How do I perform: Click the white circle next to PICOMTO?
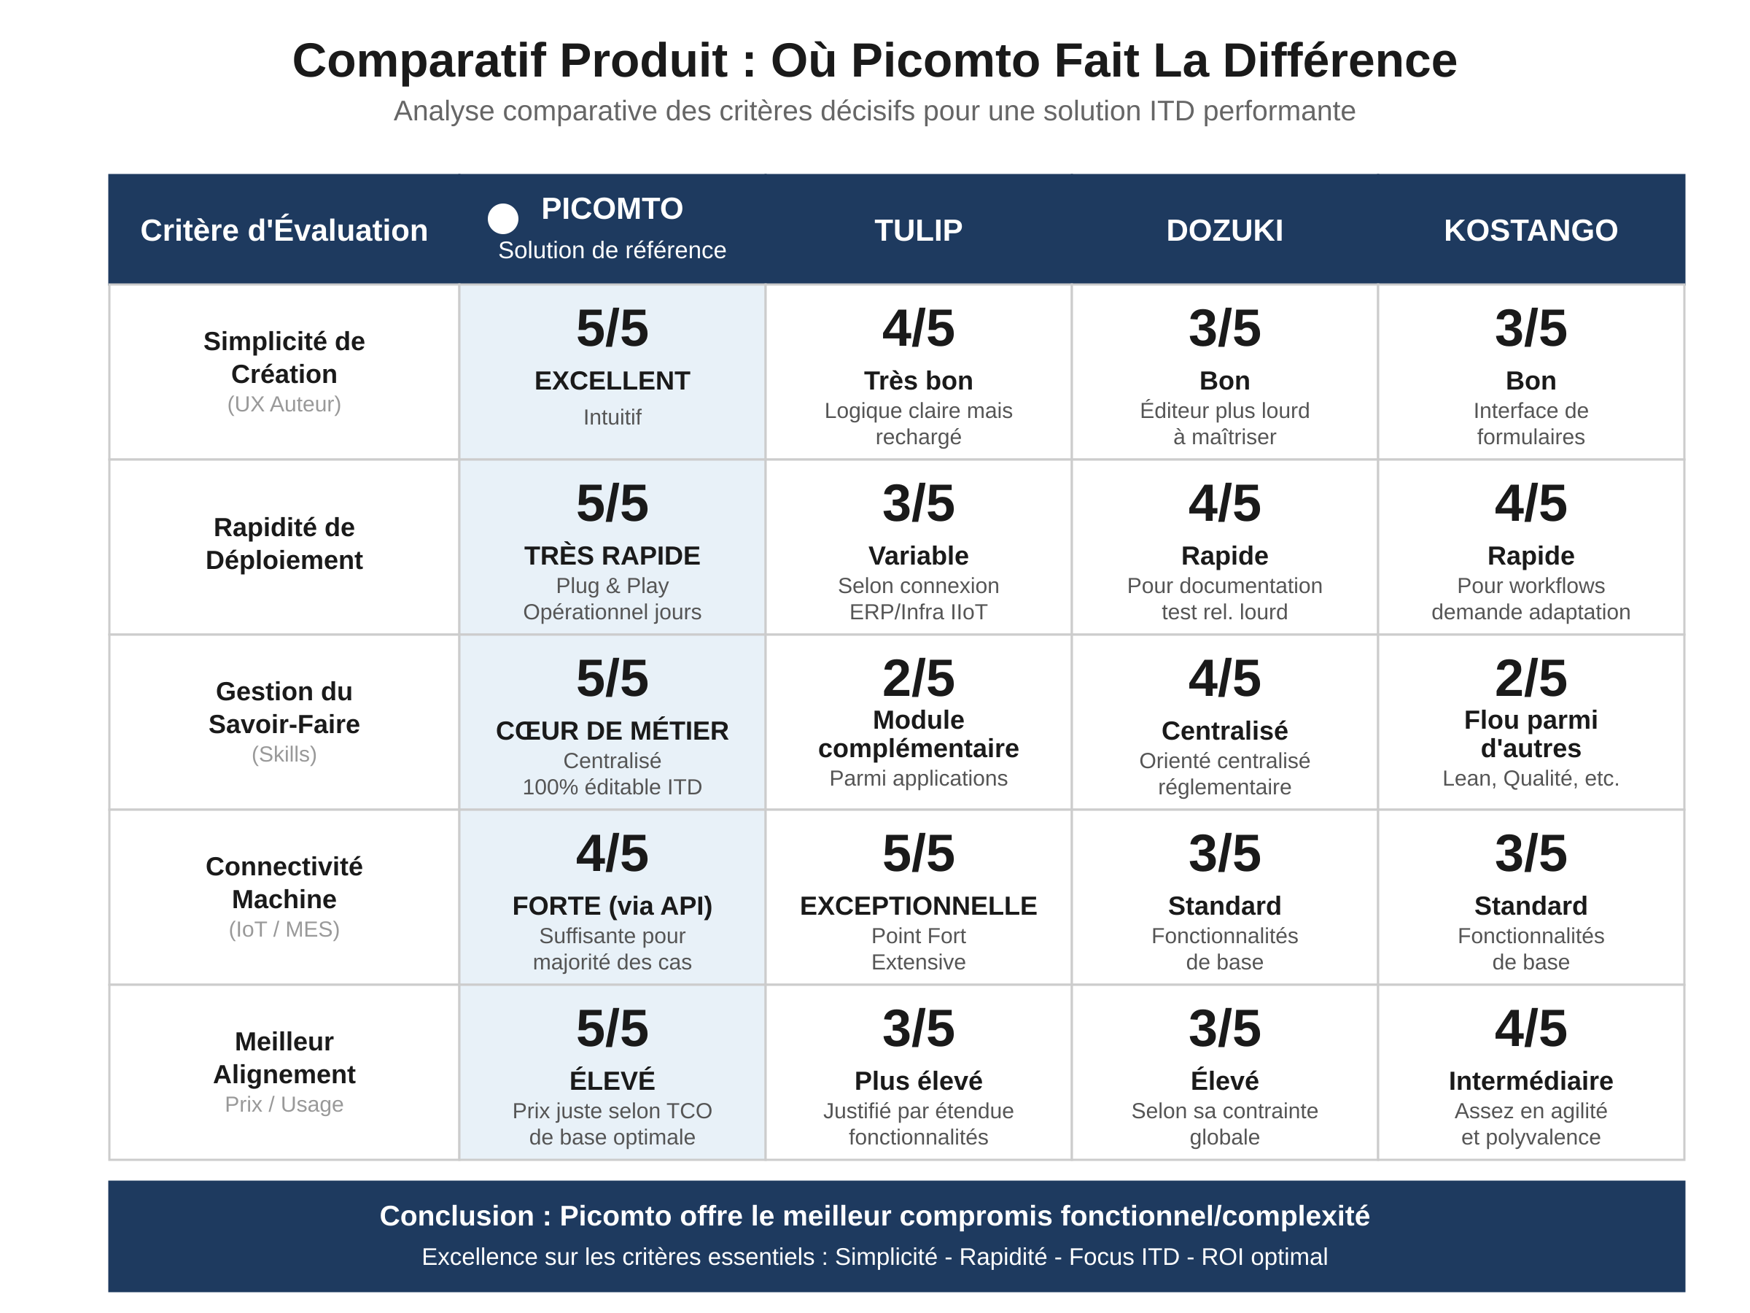502,218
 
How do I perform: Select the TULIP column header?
918,231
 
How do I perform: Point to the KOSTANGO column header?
1530,231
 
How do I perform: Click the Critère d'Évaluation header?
284,231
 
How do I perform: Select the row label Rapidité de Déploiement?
284,543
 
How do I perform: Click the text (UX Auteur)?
284,404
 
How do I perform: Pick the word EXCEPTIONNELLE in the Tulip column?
918,905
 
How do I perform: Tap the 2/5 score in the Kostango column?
1530,678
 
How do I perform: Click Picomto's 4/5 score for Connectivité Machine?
612,853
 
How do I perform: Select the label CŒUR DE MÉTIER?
612,730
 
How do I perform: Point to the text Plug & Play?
612,586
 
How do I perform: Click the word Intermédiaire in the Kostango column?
1530,1080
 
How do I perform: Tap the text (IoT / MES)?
284,929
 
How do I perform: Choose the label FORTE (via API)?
612,905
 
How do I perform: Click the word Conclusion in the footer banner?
456,1216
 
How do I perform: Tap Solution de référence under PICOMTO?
612,250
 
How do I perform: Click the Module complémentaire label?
918,734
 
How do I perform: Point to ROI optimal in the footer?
1264,1257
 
